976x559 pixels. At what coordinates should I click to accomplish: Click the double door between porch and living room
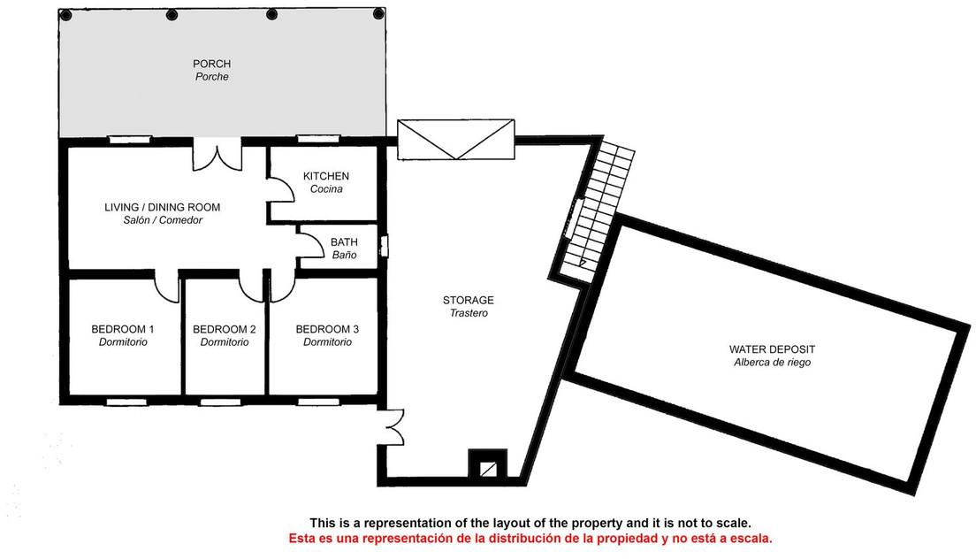(217, 154)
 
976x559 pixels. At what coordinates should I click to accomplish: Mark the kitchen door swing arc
(281, 188)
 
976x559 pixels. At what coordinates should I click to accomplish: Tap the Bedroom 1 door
(166, 287)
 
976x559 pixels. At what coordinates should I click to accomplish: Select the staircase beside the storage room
(599, 209)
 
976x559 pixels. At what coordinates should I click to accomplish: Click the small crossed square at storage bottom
(488, 465)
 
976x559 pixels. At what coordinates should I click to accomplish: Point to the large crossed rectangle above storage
(456, 140)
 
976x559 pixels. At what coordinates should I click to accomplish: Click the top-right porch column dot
(378, 13)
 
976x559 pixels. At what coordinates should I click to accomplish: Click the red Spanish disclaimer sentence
(530, 538)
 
